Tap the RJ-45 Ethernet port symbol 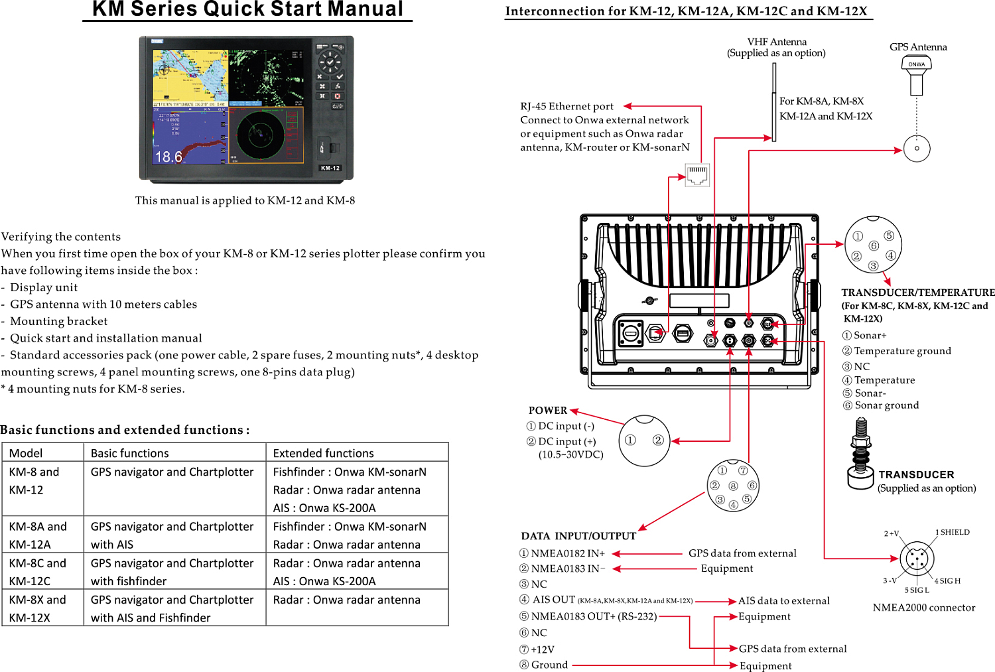click(697, 174)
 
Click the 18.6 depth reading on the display click(168, 157)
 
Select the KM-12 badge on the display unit click(330, 168)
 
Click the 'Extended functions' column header click(324, 453)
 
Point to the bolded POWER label click(548, 411)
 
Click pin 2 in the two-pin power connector click(658, 440)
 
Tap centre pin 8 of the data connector click(733, 486)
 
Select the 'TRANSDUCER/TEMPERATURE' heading click(918, 293)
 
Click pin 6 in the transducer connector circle click(874, 246)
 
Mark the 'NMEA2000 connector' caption click(924, 608)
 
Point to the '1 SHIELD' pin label click(953, 532)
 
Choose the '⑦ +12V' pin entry click(537, 649)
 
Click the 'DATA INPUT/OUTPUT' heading click(578, 536)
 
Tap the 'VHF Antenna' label click(777, 42)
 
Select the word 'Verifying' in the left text click(27, 237)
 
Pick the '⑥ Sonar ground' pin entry click(881, 405)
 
